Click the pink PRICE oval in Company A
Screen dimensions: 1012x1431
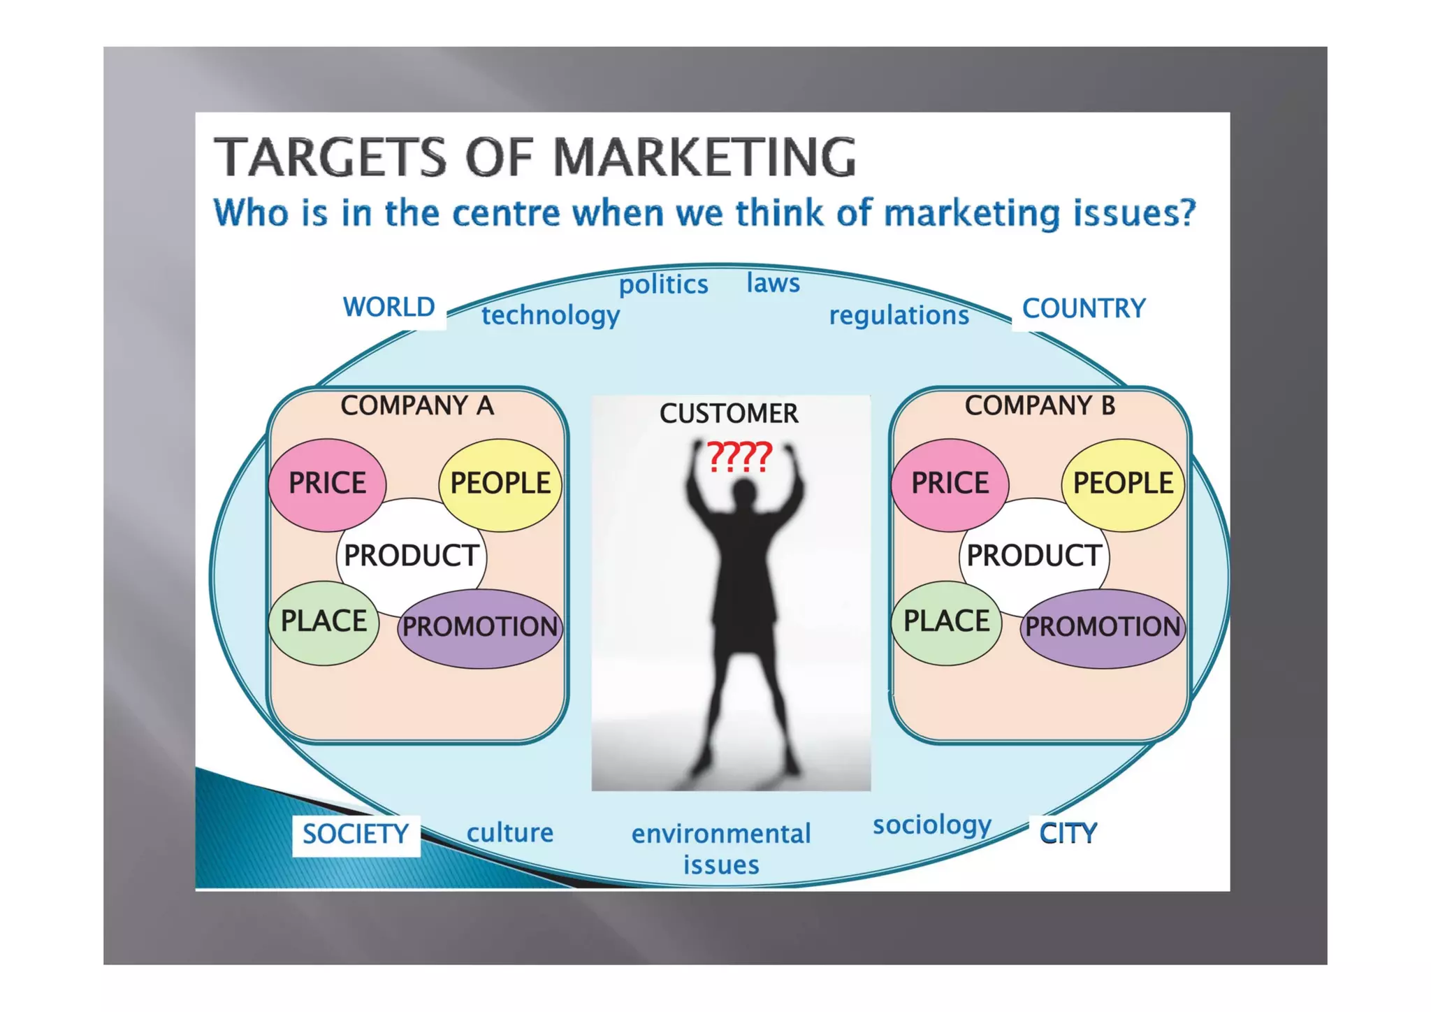(x=327, y=484)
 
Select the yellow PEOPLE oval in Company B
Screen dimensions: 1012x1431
(x=1122, y=484)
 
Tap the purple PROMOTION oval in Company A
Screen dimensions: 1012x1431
(x=480, y=627)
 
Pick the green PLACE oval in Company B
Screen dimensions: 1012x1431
(x=946, y=621)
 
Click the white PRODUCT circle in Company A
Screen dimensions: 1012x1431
(x=411, y=556)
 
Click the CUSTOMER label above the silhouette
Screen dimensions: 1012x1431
(x=729, y=414)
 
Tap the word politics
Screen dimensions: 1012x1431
(x=663, y=284)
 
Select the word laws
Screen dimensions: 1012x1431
(x=773, y=283)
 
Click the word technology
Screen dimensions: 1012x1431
(x=551, y=315)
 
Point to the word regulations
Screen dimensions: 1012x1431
(x=899, y=315)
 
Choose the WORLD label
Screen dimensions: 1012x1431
(x=388, y=308)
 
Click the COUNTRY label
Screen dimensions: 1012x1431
(x=1084, y=308)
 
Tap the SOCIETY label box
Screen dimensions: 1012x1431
(x=356, y=834)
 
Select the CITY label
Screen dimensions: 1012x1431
(x=1068, y=833)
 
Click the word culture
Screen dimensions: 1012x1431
(x=510, y=833)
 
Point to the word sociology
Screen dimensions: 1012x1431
(x=932, y=825)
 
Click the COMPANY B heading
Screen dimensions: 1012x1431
(x=1040, y=405)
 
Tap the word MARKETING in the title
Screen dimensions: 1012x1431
(x=704, y=157)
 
